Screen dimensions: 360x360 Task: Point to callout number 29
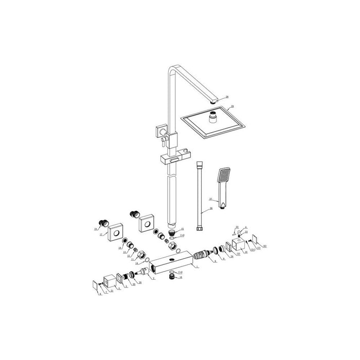click(232, 106)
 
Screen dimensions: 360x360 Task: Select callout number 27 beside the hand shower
click(210, 199)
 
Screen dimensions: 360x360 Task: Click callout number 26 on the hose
click(210, 209)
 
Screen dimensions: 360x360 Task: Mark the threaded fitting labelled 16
click(174, 276)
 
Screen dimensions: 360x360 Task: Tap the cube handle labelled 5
click(109, 282)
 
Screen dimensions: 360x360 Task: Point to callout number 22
click(238, 227)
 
